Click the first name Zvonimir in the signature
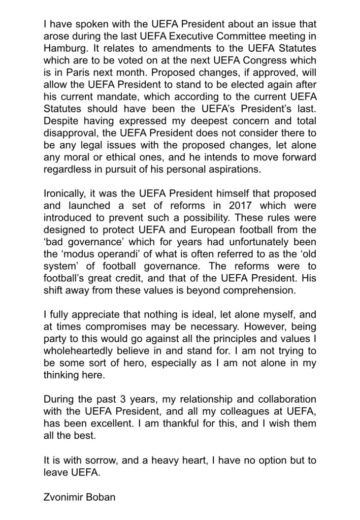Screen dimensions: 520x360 (x=64, y=497)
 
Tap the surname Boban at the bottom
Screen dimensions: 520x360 (x=102, y=497)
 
